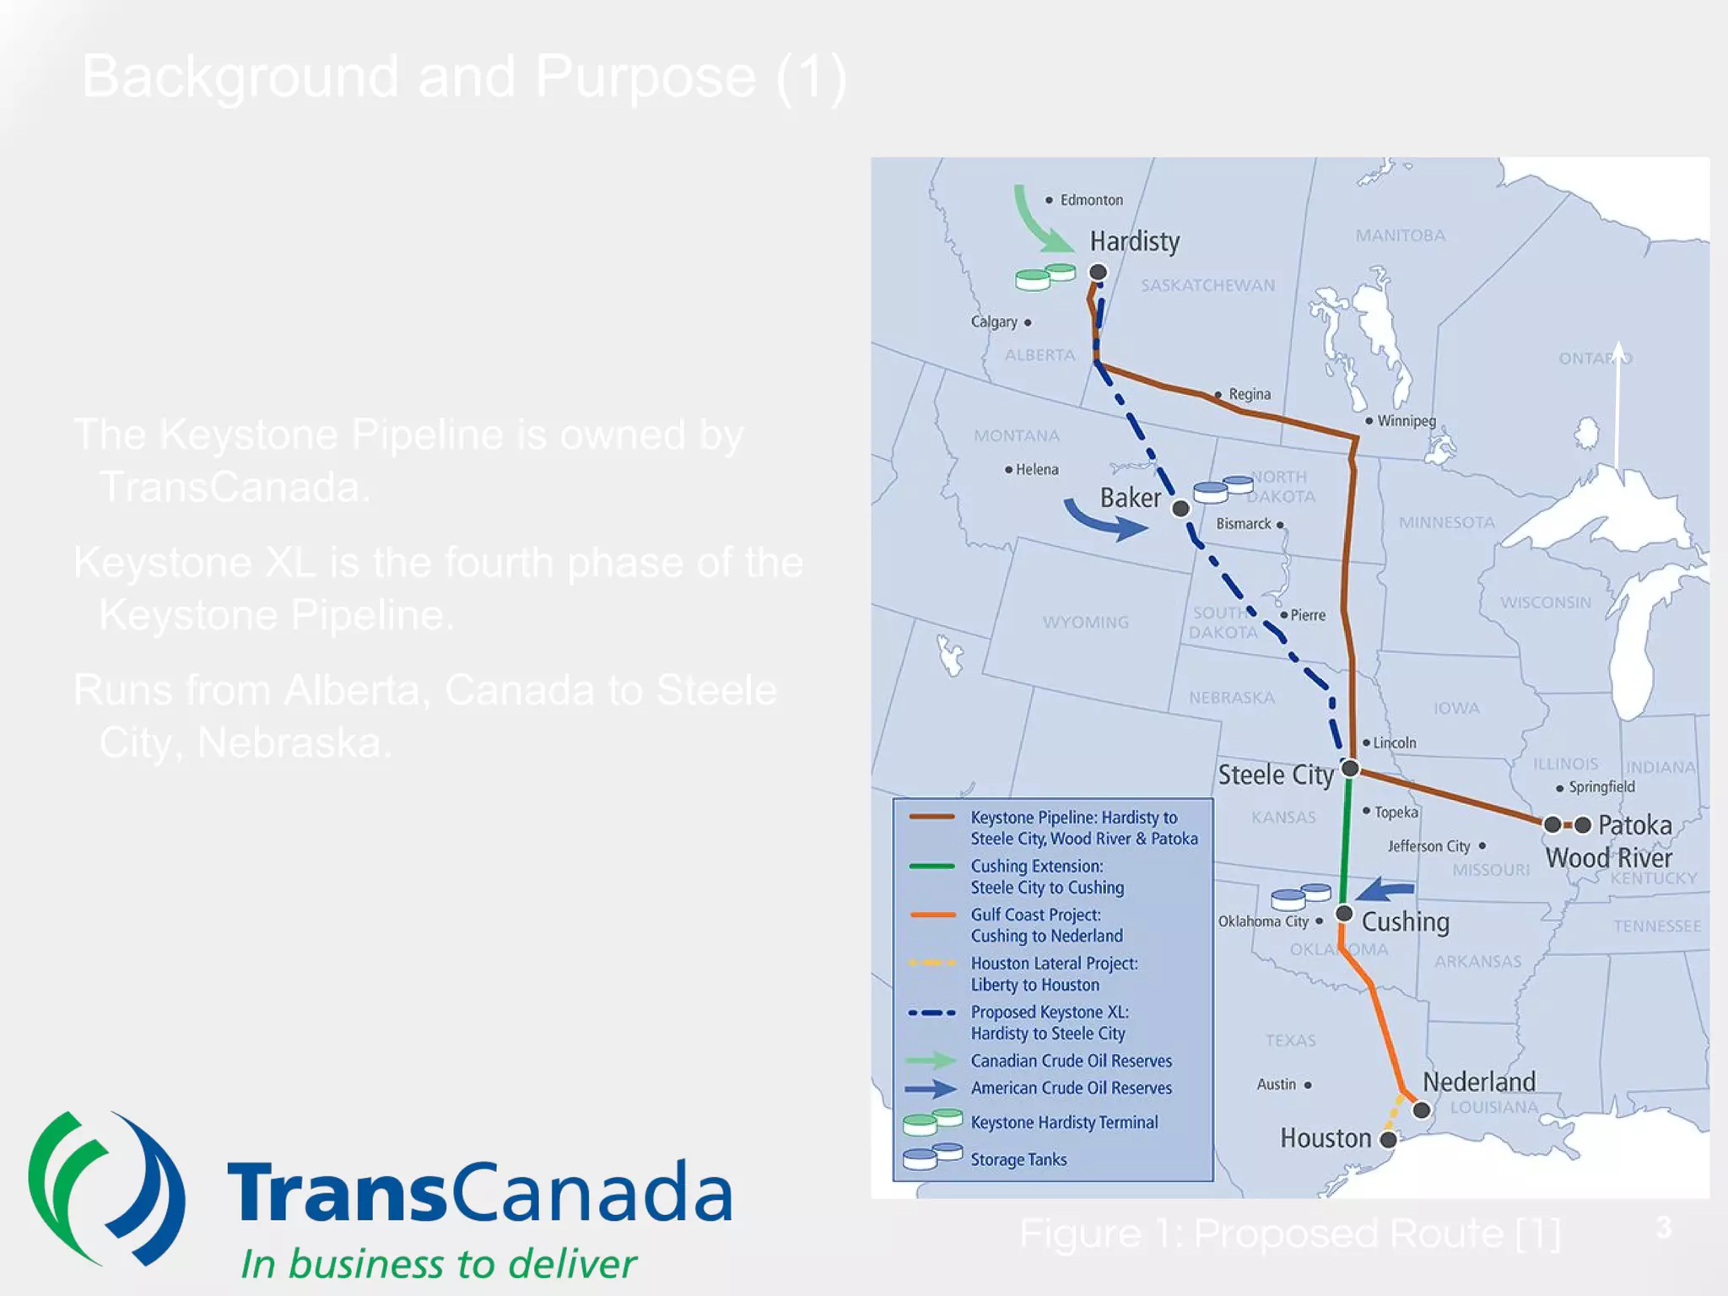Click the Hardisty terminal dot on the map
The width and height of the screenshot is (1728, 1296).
[1098, 272]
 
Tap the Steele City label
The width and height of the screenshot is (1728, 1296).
[1275, 775]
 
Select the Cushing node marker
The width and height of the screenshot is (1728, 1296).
[1344, 914]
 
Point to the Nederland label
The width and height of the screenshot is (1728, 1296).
[1479, 1082]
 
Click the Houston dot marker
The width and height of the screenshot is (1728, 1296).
[1388, 1140]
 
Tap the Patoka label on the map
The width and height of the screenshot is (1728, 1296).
[1634, 824]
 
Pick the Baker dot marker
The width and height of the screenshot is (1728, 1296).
[1180, 508]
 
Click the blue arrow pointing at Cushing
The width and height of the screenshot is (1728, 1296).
[1384, 889]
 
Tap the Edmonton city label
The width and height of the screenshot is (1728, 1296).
[1091, 200]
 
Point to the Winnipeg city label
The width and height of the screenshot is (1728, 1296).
[1406, 420]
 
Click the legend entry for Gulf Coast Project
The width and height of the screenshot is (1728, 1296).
[1046, 925]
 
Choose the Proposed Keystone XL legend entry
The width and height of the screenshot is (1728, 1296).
[1049, 1022]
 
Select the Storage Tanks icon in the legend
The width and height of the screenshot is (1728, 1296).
[931, 1156]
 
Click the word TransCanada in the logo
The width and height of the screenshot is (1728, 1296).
[478, 1191]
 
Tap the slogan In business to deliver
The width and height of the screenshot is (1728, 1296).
[438, 1263]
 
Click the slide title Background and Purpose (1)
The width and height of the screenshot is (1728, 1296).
[464, 77]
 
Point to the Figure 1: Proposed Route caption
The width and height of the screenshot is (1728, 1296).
[1289, 1234]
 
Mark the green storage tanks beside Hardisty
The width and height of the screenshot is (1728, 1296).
[1045, 277]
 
